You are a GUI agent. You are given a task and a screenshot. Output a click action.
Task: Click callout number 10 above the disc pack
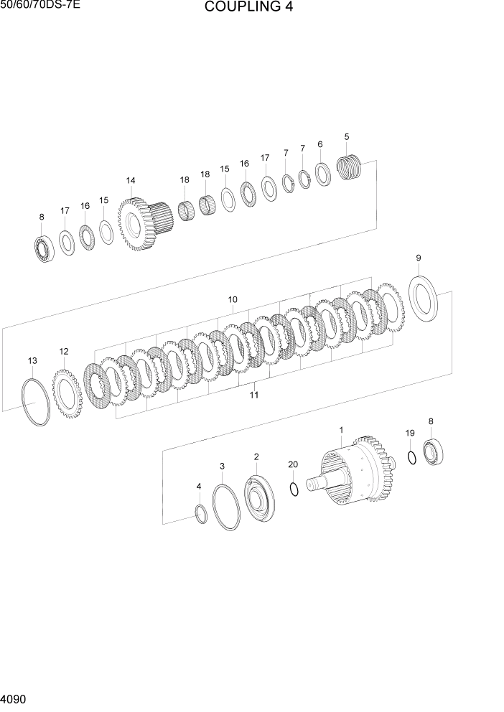pos(233,299)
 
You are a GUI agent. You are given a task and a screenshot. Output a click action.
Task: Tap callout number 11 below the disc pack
pos(253,394)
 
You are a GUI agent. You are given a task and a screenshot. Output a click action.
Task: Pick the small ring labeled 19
pos(411,457)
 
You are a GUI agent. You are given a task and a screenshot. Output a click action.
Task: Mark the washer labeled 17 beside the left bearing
pos(67,243)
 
